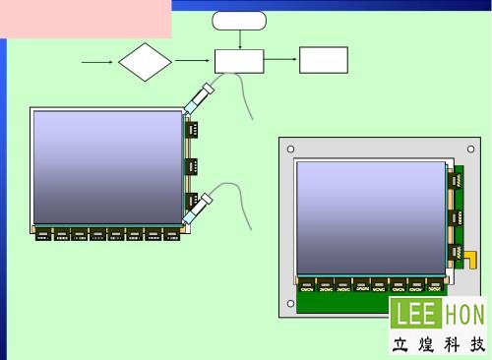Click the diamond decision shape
click(145, 62)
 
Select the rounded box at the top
click(239, 21)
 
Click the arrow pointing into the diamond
click(97, 62)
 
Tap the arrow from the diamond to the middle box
click(192, 60)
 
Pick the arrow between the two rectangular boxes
click(280, 59)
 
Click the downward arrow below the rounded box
click(240, 39)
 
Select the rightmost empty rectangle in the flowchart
click(324, 60)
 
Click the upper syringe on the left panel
click(199, 98)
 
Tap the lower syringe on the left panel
click(198, 209)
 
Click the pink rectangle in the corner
click(86, 19)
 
